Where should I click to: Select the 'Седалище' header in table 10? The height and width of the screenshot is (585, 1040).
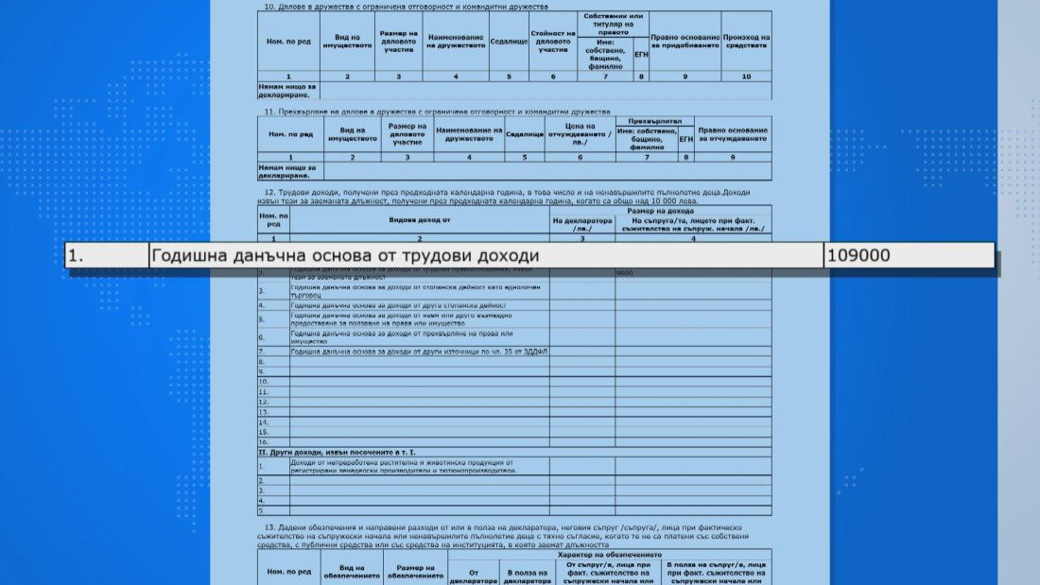[508, 43]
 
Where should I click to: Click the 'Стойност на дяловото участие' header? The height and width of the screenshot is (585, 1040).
[553, 43]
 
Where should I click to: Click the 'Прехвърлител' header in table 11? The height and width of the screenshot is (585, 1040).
[654, 121]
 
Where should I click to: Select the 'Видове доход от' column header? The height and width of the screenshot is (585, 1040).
[420, 219]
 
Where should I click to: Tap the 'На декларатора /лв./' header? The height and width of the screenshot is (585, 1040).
[582, 224]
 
